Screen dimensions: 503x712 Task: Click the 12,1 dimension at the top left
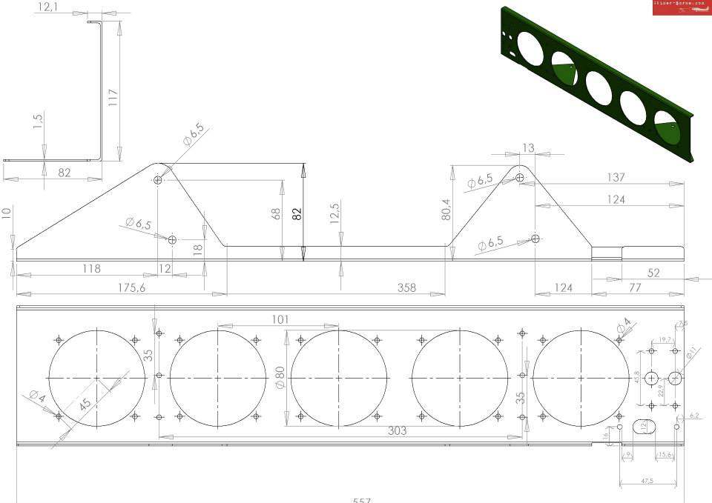(x=48, y=7)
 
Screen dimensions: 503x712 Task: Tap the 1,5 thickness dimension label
(x=39, y=121)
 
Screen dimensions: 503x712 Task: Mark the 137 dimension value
(x=615, y=177)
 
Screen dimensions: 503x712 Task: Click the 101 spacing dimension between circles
(x=280, y=319)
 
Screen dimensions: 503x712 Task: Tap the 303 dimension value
(x=398, y=430)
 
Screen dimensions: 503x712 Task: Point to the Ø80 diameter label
(x=280, y=376)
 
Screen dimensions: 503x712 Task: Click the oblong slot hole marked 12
(x=642, y=426)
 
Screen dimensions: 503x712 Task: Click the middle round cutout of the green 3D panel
(x=599, y=86)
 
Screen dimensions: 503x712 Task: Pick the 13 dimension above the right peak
(x=527, y=148)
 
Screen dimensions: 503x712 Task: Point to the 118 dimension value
(x=92, y=268)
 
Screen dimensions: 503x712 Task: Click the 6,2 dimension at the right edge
(x=694, y=416)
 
